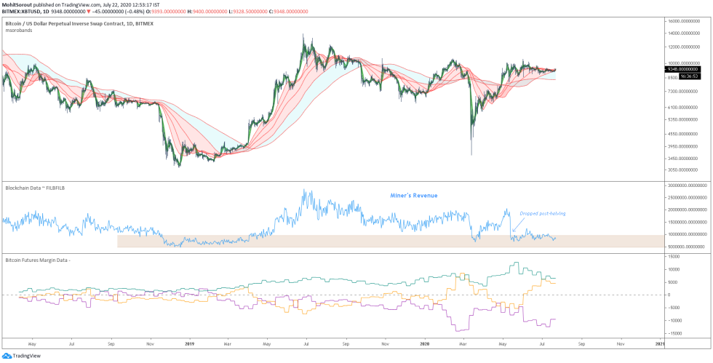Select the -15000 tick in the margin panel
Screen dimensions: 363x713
click(676, 333)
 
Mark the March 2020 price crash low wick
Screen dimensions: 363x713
click(471, 153)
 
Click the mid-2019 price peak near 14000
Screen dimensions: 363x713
click(303, 35)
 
